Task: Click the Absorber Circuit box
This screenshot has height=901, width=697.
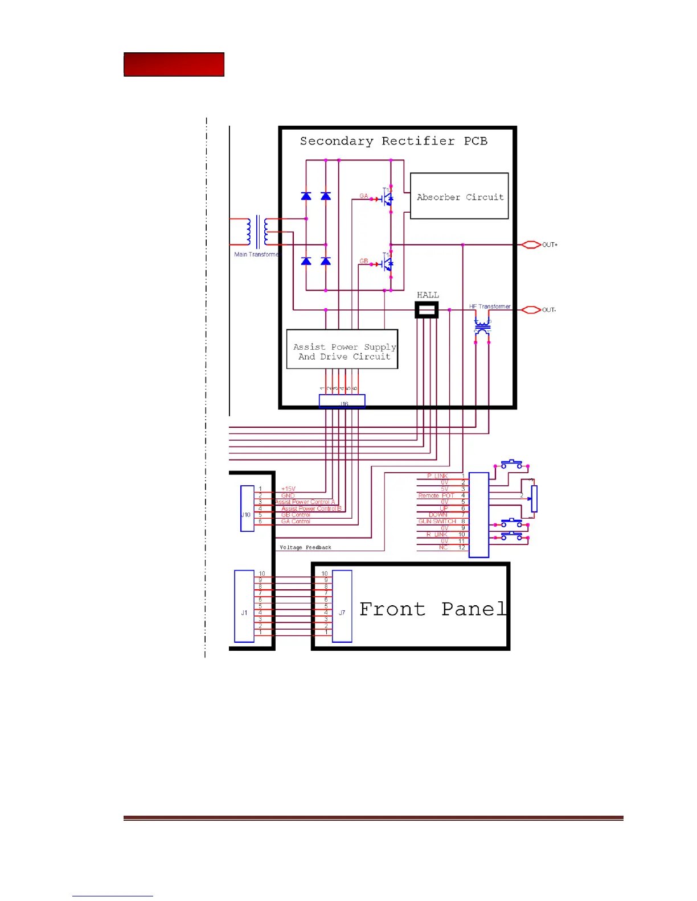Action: pyautogui.click(x=459, y=196)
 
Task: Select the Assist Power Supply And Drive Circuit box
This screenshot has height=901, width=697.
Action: pyautogui.click(x=342, y=349)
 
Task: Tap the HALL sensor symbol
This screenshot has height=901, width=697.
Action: pyautogui.click(x=427, y=310)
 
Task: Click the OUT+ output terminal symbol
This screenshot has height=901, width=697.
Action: pyautogui.click(x=531, y=245)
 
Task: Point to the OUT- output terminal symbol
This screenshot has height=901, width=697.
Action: pyautogui.click(x=531, y=310)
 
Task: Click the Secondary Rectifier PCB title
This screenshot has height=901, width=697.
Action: pyautogui.click(x=393, y=141)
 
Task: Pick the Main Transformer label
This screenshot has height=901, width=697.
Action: pyautogui.click(x=256, y=254)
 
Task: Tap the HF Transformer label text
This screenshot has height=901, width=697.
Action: pyautogui.click(x=490, y=307)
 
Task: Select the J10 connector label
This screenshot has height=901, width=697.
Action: pyautogui.click(x=245, y=515)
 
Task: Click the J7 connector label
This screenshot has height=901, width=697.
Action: pyautogui.click(x=342, y=613)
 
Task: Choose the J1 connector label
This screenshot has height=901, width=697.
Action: pyautogui.click(x=244, y=613)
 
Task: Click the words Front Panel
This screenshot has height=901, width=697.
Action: pyautogui.click(x=433, y=609)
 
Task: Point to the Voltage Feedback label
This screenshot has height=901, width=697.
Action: pyautogui.click(x=305, y=548)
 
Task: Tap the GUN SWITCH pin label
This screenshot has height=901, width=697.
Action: pyautogui.click(x=437, y=522)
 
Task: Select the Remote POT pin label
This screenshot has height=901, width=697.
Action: pyautogui.click(x=436, y=495)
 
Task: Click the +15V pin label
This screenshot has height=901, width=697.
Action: pyautogui.click(x=288, y=489)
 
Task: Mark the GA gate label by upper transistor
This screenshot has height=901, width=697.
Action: pyautogui.click(x=363, y=196)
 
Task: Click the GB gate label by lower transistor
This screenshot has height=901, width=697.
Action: pyautogui.click(x=363, y=262)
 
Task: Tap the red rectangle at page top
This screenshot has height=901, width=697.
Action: pyautogui.click(x=174, y=64)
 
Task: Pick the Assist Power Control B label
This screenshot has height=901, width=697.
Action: pyautogui.click(x=311, y=509)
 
